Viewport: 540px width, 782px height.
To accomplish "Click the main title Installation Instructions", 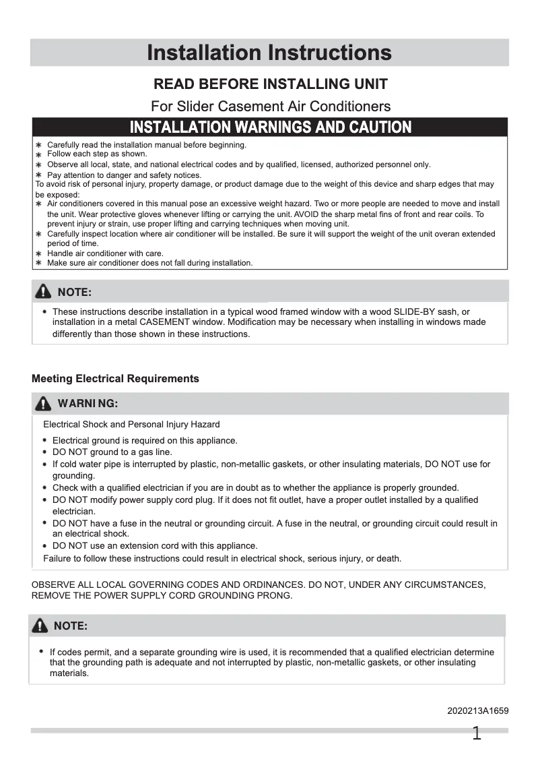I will coord(269,53).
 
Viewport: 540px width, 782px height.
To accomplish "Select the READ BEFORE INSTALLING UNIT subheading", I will coord(271,84).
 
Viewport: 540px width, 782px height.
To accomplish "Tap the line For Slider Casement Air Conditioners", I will coord(271,106).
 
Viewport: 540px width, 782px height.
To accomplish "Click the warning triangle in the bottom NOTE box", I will coord(40,626).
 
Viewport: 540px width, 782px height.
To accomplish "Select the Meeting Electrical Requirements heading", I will coord(115,379).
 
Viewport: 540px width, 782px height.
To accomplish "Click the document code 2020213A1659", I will coord(477,711).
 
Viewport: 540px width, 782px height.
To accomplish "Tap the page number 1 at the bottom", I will coord(477,734).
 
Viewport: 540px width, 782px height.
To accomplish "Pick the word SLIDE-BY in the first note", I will coord(413,311).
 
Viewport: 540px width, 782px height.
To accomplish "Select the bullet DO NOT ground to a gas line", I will coord(112,452).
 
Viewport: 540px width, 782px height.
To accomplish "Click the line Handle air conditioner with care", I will coord(105,253).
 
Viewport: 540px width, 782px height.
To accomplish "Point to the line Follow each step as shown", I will coord(97,154).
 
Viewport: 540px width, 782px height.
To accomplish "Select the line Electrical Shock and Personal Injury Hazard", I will coord(131,425).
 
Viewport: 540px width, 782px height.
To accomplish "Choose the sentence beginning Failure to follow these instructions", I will coord(222,558).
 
